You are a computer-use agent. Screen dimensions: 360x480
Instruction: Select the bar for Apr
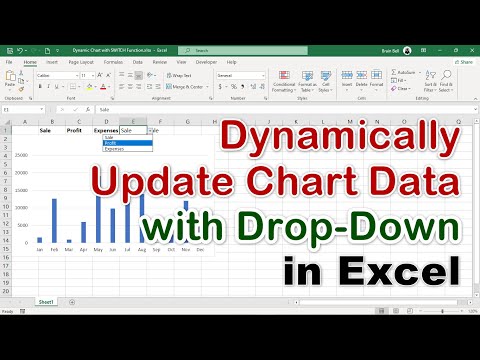click(x=83, y=232)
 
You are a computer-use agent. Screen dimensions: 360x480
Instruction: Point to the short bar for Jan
click(x=40, y=240)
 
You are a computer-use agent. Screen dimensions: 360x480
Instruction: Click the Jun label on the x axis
click(x=112, y=250)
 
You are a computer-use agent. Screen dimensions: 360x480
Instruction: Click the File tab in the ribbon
click(x=9, y=60)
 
